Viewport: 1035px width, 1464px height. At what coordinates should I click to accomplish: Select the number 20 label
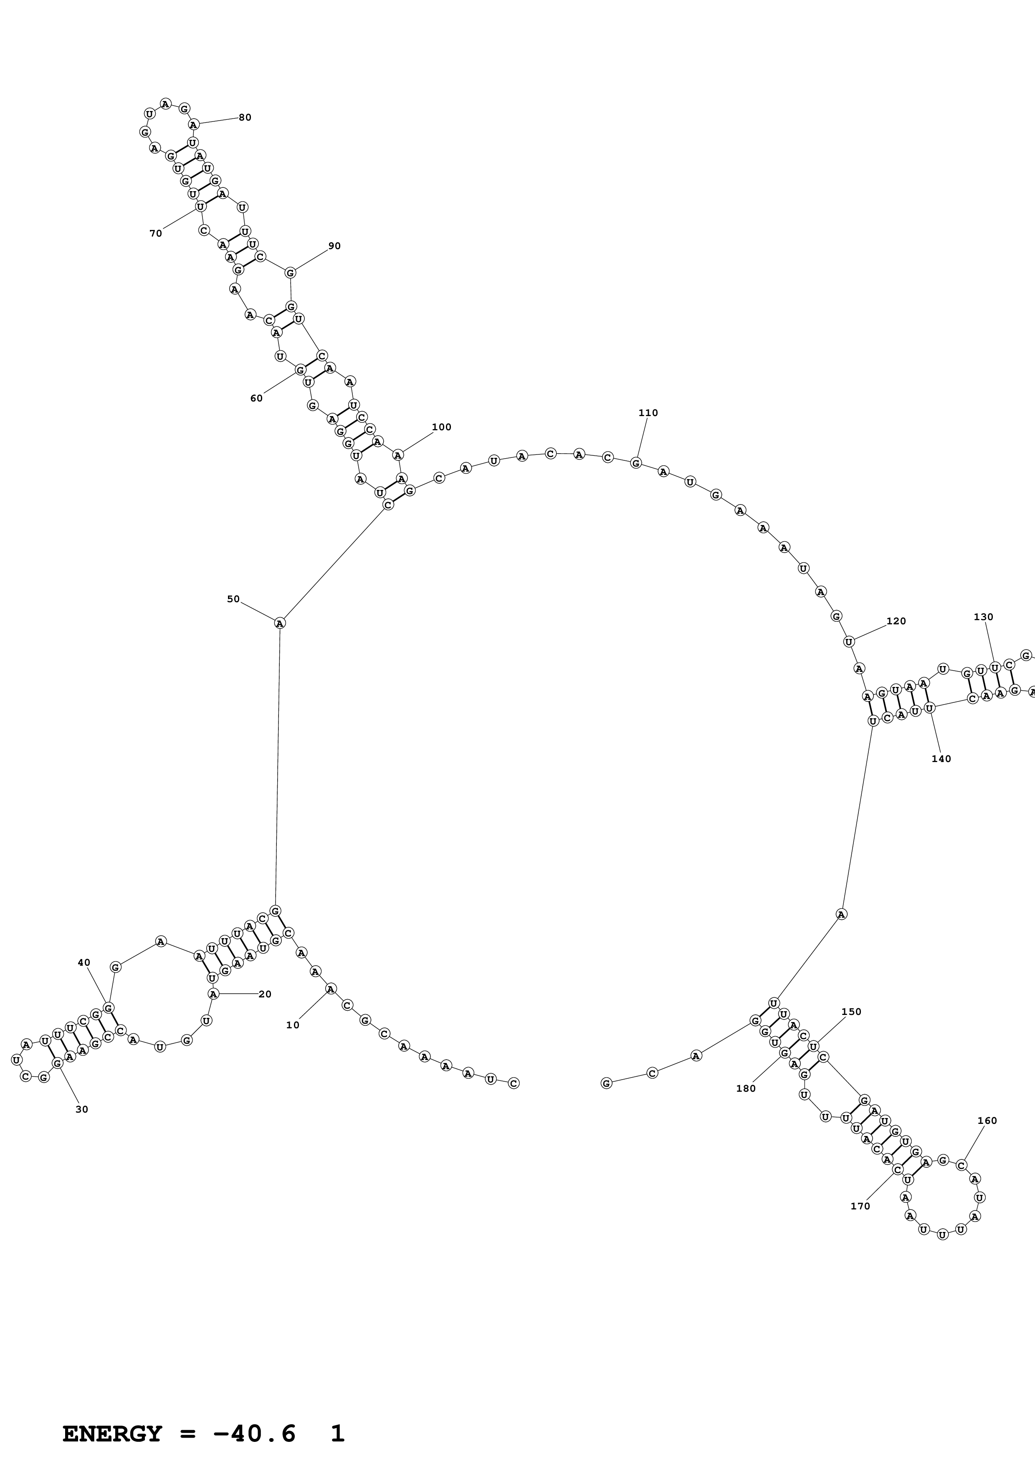click(265, 994)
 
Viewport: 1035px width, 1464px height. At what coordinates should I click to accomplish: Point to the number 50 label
click(233, 599)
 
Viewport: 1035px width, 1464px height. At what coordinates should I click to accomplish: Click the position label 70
click(156, 233)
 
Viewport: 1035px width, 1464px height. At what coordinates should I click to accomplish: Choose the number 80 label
click(245, 117)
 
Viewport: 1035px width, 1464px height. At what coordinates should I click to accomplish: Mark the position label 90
click(334, 246)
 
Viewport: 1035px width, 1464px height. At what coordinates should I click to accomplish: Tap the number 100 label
click(441, 427)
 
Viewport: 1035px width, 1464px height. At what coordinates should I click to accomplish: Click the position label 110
click(648, 413)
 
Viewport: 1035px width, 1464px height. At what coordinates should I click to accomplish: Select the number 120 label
click(896, 621)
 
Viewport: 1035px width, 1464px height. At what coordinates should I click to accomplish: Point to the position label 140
click(941, 759)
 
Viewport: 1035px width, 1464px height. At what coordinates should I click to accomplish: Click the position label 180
click(746, 1088)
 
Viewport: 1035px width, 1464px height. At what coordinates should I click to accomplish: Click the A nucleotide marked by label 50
click(279, 623)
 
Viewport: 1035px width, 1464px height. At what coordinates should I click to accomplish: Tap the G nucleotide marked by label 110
click(636, 463)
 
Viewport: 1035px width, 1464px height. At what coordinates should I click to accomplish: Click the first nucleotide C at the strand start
click(514, 1083)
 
